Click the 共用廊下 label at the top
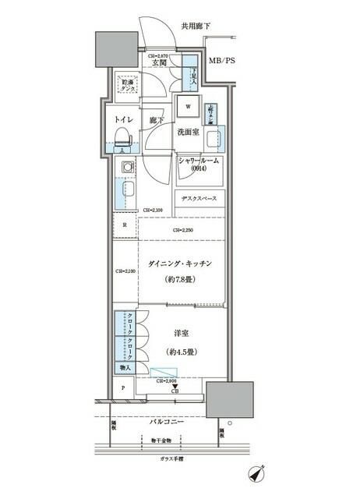[x=196, y=26]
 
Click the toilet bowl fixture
[x=122, y=140]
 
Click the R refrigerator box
[x=124, y=226]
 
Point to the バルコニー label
[x=167, y=421]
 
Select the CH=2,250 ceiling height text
[x=183, y=231]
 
